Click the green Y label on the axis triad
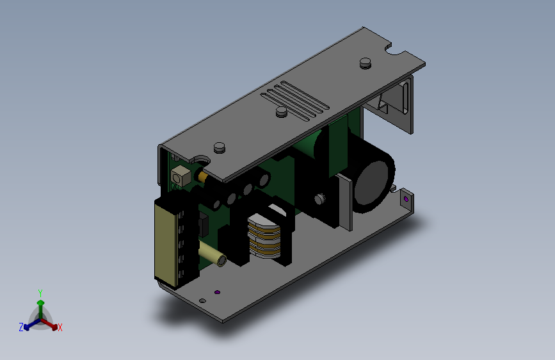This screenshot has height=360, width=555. pyautogui.click(x=40, y=293)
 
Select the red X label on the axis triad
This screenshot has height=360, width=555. pyautogui.click(x=60, y=327)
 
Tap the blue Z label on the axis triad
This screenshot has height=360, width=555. pyautogui.click(x=21, y=327)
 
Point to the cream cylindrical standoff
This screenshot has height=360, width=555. pyautogui.click(x=213, y=254)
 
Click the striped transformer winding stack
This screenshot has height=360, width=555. pyautogui.click(x=264, y=236)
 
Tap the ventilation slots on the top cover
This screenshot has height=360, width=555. pyautogui.click(x=295, y=101)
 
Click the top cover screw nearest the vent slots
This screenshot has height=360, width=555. pyautogui.click(x=282, y=111)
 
